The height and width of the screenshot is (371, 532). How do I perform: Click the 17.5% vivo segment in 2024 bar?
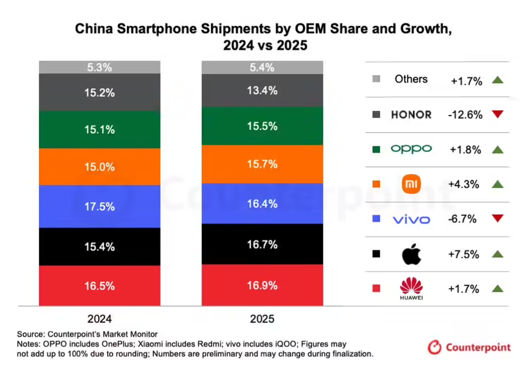pos(99,206)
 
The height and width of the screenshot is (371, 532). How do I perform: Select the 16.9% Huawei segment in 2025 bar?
pos(262,285)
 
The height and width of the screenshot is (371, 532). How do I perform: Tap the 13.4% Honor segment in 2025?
pos(262,90)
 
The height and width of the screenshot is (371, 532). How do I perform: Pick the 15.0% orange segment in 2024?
pos(99,167)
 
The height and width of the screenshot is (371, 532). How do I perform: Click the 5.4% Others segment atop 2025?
pos(262,67)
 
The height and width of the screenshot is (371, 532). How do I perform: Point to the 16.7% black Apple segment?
pos(262,244)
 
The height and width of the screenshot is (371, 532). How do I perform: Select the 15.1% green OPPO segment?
pos(99,130)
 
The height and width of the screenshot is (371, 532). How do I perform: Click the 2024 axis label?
pos(99,319)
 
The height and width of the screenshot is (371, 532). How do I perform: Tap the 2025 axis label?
pos(262,319)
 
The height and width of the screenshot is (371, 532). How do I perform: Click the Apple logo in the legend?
pos(411,254)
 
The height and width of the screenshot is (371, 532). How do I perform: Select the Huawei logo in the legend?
pos(411,288)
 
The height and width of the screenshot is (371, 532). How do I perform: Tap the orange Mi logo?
pos(411,184)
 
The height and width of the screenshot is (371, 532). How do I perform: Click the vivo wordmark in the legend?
pos(411,220)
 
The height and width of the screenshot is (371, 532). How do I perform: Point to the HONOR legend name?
pos(411,115)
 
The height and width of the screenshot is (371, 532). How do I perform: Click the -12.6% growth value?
pos(465,115)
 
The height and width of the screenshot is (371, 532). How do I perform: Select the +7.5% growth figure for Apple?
pos(463,254)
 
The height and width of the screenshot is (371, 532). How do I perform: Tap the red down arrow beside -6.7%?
pos(498,218)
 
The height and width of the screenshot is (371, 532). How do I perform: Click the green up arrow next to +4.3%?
pos(498,184)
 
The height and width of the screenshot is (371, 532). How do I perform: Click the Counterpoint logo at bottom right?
pos(469,348)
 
